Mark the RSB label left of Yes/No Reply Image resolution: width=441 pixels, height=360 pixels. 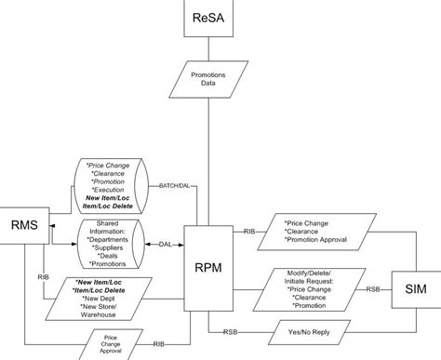(x=229, y=331)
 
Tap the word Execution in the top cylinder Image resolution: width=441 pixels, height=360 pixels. (x=114, y=189)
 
